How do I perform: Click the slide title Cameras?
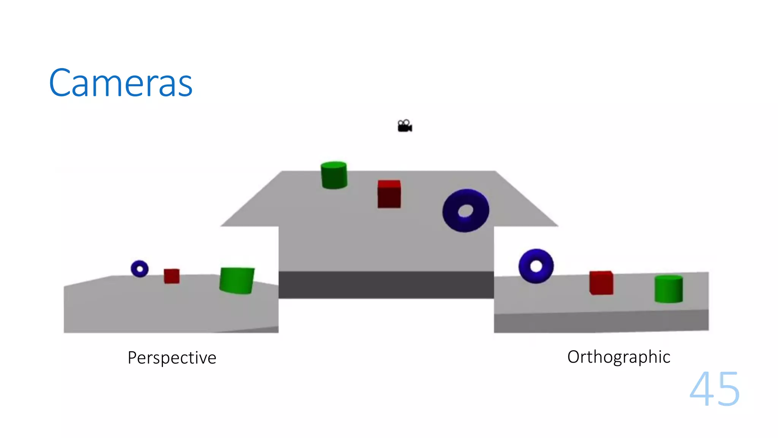[x=121, y=83]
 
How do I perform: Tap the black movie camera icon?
[x=405, y=126]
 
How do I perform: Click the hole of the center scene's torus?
[x=466, y=211]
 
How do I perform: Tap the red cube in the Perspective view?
[x=172, y=276]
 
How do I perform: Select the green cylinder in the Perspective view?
[x=237, y=281]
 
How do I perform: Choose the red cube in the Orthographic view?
[x=601, y=284]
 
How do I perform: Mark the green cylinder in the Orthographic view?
[x=669, y=291]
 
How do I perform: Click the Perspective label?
[x=172, y=358]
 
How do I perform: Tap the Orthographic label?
[x=618, y=357]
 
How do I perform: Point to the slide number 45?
[x=715, y=389]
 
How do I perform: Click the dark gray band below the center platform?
[x=386, y=284]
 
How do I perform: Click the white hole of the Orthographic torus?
[x=536, y=266]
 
